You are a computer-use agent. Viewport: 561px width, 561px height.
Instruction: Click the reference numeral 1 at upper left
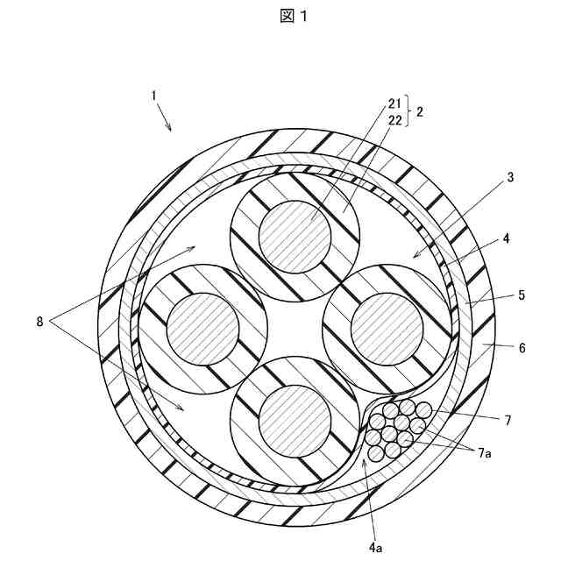(154, 94)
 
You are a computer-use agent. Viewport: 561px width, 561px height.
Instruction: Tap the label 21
(394, 104)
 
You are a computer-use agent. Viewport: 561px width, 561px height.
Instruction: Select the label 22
(394, 120)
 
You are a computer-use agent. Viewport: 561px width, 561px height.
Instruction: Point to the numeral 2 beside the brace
(421, 112)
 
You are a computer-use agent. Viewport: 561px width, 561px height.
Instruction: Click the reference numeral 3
(510, 177)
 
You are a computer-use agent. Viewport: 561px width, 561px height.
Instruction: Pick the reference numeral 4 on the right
(506, 238)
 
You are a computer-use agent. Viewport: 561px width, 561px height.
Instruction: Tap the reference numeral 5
(521, 295)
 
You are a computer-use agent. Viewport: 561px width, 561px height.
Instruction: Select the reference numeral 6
(522, 347)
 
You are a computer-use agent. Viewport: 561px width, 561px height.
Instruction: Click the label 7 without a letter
(507, 421)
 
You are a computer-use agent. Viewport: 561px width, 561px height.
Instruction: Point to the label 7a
(484, 452)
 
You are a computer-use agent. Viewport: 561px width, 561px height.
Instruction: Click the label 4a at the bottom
(375, 547)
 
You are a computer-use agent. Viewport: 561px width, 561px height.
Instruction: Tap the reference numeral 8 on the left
(39, 322)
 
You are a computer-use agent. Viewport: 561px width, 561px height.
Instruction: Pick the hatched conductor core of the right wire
(387, 327)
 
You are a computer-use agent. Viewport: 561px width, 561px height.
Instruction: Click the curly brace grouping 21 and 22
(408, 112)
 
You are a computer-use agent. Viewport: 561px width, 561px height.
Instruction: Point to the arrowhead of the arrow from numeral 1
(171, 131)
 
